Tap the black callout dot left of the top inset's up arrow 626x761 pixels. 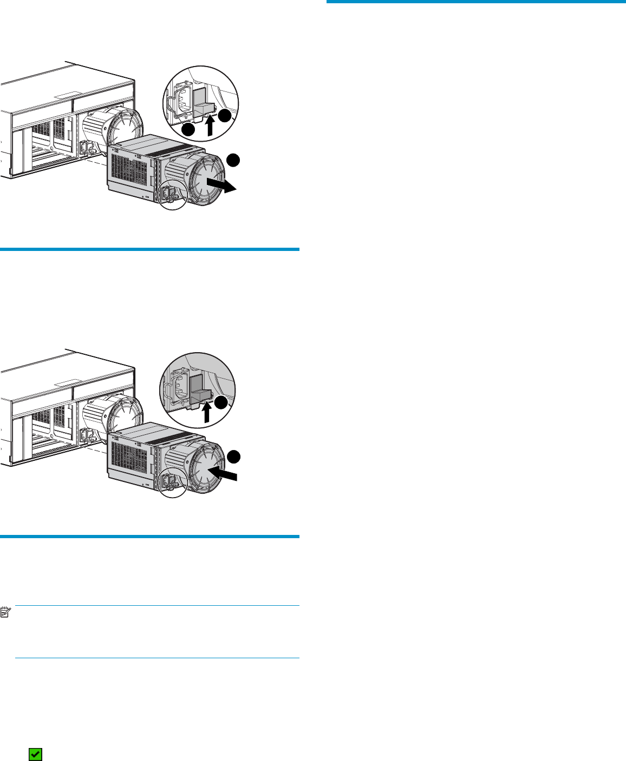187,130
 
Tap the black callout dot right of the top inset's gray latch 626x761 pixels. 225,115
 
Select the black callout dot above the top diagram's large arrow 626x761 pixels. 232,159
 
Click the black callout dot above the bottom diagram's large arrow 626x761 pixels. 232,457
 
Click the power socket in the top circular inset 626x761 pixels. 182,101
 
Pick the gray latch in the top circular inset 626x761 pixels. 204,103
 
